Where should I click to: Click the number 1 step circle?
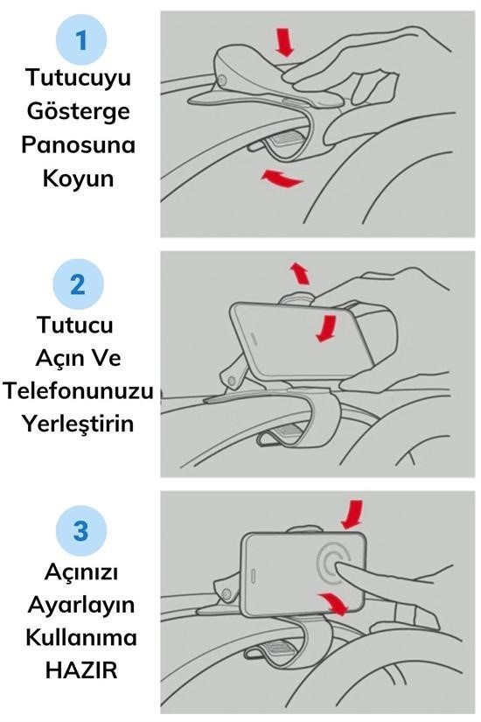[81, 40]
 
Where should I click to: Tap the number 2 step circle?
[78, 284]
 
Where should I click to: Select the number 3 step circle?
[81, 530]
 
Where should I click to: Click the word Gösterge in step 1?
[78, 112]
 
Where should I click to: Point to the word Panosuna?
[78, 144]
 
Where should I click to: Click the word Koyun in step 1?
[78, 179]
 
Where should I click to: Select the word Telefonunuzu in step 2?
[78, 391]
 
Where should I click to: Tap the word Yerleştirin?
[78, 424]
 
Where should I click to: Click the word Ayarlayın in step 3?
[81, 605]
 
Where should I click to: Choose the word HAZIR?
[81, 670]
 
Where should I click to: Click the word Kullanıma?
[81, 638]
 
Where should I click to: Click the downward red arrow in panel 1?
[285, 42]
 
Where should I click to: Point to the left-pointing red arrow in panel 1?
[282, 179]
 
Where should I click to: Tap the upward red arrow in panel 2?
[300, 274]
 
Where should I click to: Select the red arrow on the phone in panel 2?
[327, 328]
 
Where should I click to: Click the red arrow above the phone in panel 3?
[353, 515]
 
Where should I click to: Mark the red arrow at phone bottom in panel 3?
[333, 603]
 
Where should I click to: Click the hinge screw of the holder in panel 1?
[222, 81]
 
